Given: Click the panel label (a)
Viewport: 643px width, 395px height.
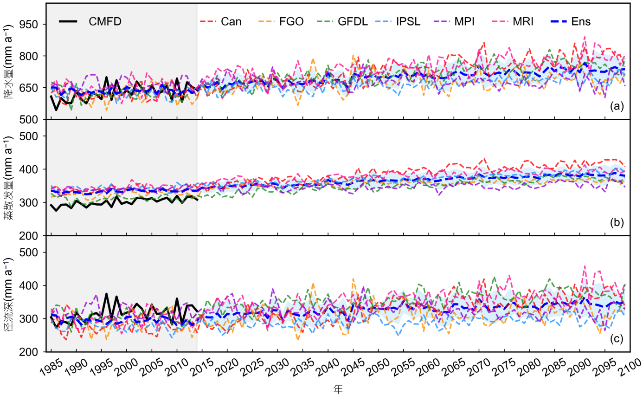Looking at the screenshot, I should (617, 106).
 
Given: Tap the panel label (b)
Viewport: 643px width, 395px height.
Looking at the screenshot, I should (617, 222).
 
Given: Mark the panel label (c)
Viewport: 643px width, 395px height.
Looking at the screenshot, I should (617, 338).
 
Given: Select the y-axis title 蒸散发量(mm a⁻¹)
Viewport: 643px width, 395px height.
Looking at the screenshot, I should (7, 178).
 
